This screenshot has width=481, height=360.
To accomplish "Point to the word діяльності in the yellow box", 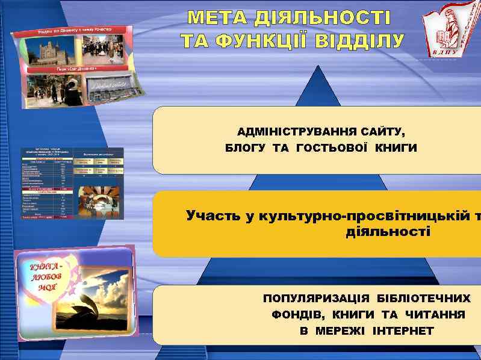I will [x=388, y=231].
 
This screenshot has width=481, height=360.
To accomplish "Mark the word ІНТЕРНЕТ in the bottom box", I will [x=403, y=331].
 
